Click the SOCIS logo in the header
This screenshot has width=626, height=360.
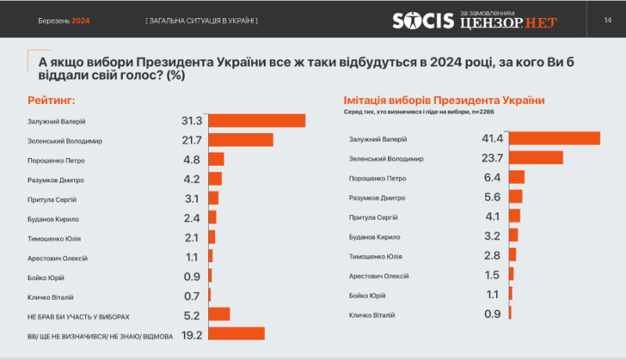click(424, 21)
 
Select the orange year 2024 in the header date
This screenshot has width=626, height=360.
click(81, 20)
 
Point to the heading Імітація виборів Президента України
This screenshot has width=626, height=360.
click(444, 101)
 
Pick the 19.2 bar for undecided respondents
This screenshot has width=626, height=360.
click(236, 333)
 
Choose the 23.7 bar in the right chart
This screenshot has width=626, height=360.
click(536, 157)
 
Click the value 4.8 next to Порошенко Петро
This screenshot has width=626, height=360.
click(192, 160)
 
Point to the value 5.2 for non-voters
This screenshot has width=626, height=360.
click(192, 315)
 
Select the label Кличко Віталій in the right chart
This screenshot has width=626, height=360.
click(372, 315)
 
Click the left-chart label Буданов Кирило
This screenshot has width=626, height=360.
click(54, 218)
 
